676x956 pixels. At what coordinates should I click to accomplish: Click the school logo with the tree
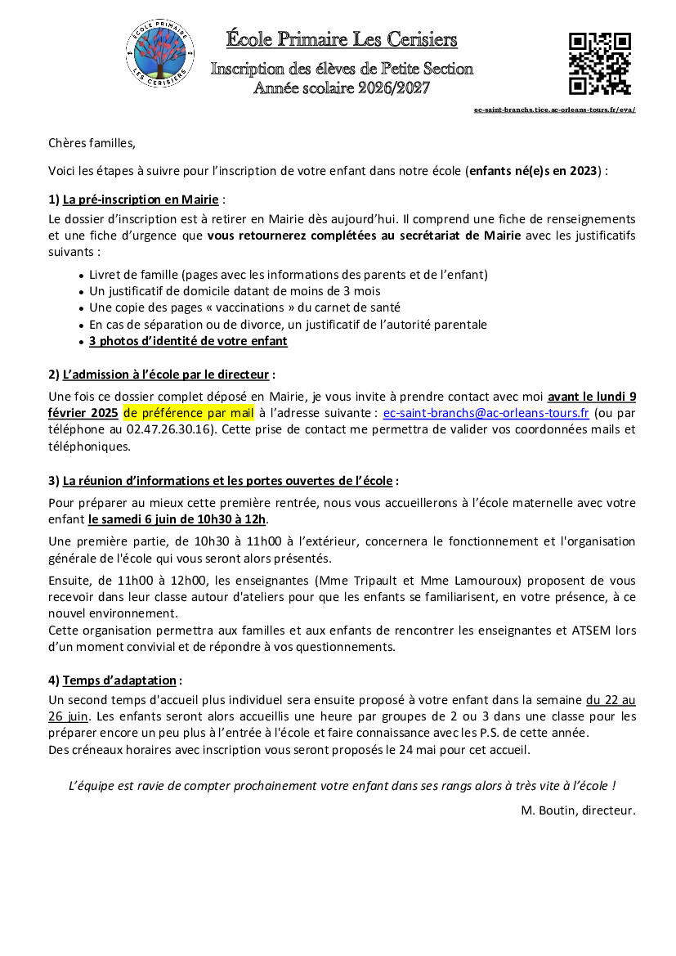(160, 53)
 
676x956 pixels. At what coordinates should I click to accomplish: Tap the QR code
(599, 64)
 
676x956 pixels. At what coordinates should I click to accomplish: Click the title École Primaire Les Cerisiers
(342, 39)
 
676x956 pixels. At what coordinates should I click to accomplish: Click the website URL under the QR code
(554, 110)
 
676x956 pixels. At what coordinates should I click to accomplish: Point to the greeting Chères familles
(92, 143)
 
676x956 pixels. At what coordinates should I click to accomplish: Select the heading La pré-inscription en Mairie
(141, 199)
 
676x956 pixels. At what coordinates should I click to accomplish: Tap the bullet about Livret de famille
(288, 274)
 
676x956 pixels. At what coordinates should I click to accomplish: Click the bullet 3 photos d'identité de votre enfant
(188, 341)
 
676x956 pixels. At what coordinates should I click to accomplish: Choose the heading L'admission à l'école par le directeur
(166, 375)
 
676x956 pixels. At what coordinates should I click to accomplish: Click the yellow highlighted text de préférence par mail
(189, 413)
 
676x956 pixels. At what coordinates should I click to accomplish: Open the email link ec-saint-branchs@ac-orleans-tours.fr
(486, 413)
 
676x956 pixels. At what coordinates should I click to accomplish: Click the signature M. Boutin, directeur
(578, 810)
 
